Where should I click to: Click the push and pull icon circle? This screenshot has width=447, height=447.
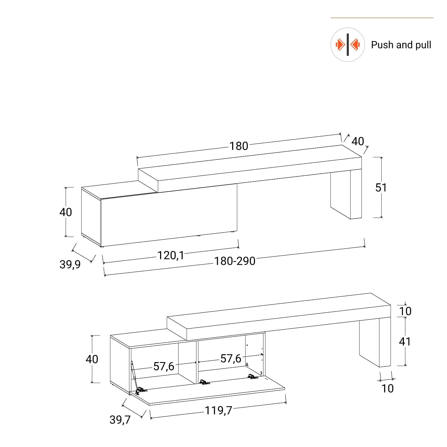point(348,45)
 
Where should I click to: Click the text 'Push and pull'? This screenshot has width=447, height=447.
point(401,45)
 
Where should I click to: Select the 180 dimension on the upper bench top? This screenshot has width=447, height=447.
point(239,146)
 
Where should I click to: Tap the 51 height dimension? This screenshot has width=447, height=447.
point(381,187)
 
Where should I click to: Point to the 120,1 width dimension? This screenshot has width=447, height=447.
point(171,255)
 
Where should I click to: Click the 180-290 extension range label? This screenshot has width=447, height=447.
point(235,261)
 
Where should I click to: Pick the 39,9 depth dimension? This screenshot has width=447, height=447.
point(70,264)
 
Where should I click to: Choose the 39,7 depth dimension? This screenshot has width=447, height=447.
point(120,420)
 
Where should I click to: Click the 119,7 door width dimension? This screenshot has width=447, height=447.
point(218,411)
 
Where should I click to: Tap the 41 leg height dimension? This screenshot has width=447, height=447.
point(405,341)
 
